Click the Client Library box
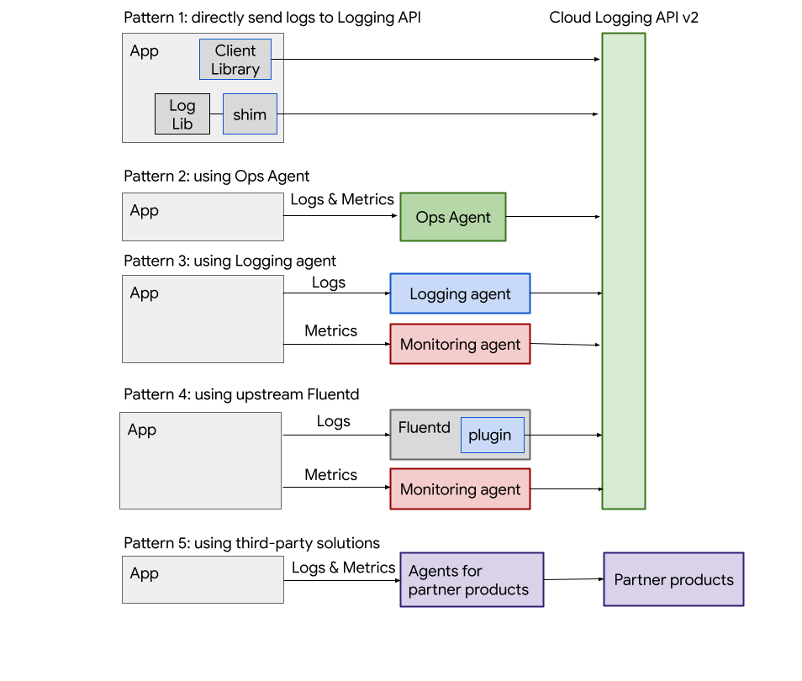[x=235, y=60]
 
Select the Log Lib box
[x=182, y=114]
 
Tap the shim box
[x=250, y=114]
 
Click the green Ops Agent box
[x=452, y=217]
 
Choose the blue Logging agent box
[x=460, y=293]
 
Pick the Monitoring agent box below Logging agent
[x=460, y=344]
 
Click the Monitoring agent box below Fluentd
[x=460, y=488]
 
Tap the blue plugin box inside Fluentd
[x=492, y=436]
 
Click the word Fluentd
[x=424, y=427]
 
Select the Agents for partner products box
[x=471, y=580]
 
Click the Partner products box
[x=673, y=579]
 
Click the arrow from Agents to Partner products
[x=573, y=579]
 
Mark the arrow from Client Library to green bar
[x=433, y=59]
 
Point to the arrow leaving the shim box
[x=437, y=114]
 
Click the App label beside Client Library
[x=145, y=51]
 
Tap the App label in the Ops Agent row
[x=145, y=210]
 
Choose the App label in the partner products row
[x=145, y=573]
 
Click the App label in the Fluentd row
[x=142, y=430]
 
